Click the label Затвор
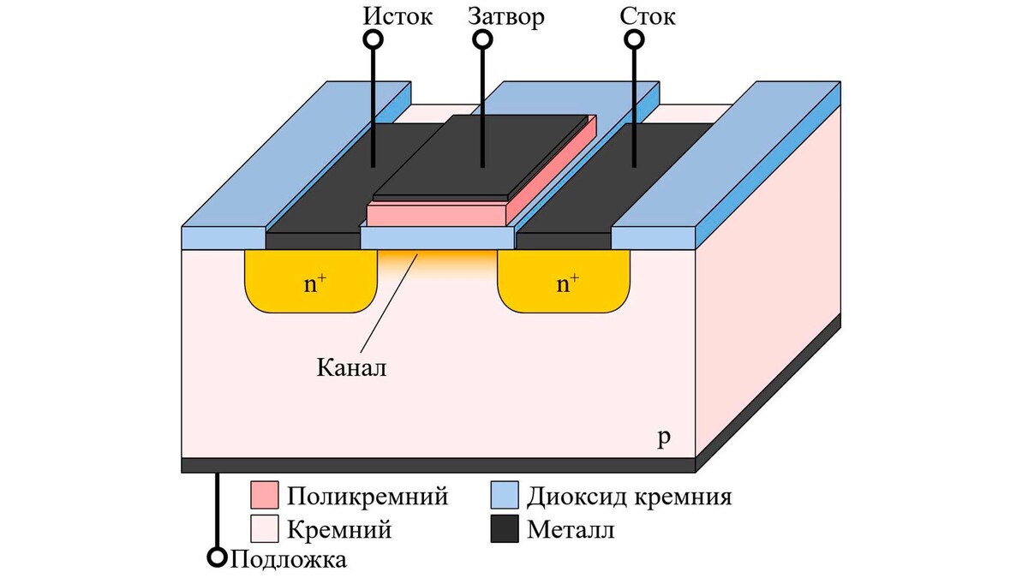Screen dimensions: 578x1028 pyautogui.click(x=506, y=16)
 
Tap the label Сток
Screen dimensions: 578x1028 pyautogui.click(x=648, y=16)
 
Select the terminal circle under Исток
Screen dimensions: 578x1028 pyautogui.click(x=373, y=39)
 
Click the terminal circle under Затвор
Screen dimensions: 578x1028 pyautogui.click(x=483, y=39)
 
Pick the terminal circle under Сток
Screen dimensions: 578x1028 pyautogui.click(x=634, y=39)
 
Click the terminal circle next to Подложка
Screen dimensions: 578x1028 pyautogui.click(x=218, y=558)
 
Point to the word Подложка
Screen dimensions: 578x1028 pyautogui.click(x=289, y=560)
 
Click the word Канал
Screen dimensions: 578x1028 pyautogui.click(x=351, y=368)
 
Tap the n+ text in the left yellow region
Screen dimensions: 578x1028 pyautogui.click(x=315, y=284)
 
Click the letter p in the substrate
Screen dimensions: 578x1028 pyautogui.click(x=663, y=438)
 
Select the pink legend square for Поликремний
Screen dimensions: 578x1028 pyautogui.click(x=265, y=496)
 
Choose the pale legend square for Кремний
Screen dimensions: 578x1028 pyautogui.click(x=265, y=529)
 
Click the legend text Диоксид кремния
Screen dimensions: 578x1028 pyautogui.click(x=630, y=497)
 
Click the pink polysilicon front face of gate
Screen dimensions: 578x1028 pyautogui.click(x=437, y=213)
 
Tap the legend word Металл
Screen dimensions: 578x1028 pyautogui.click(x=571, y=530)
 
